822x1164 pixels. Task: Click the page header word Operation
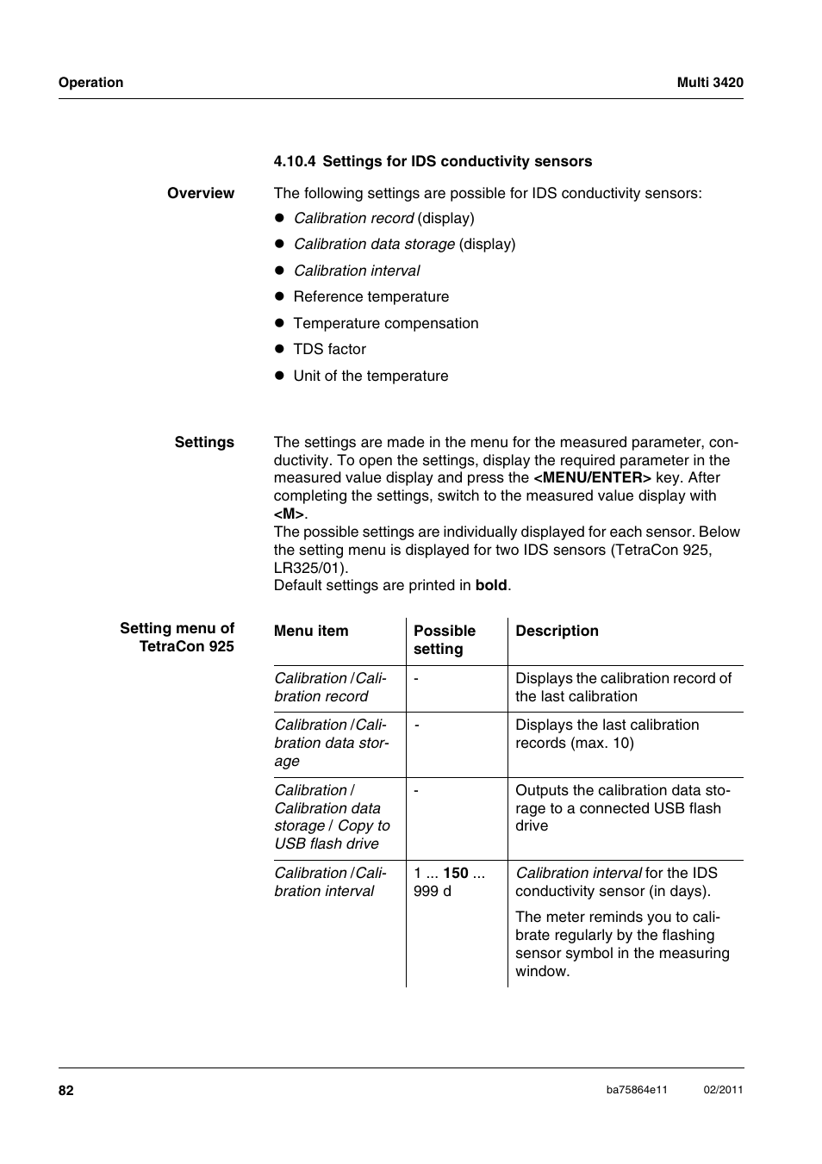[90, 83]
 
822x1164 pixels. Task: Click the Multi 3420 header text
[709, 83]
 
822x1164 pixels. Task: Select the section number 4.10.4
[295, 161]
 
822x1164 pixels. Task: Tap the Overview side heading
[200, 193]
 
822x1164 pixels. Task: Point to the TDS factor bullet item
[329, 349]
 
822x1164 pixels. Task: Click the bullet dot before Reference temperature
[279, 297]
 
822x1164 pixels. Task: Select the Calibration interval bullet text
[357, 271]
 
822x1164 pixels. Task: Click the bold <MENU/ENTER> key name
[592, 477]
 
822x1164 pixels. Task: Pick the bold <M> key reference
[289, 514]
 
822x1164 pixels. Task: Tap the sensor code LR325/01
[309, 568]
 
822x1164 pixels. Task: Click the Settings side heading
[204, 442]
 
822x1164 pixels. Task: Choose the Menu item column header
[311, 631]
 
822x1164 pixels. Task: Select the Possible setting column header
[444, 639]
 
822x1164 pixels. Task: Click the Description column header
[557, 631]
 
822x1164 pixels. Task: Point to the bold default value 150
[456, 873]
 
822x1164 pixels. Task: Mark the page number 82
[66, 1090]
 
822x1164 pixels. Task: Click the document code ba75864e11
[636, 1090]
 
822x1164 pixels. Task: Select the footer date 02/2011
[723, 1090]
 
